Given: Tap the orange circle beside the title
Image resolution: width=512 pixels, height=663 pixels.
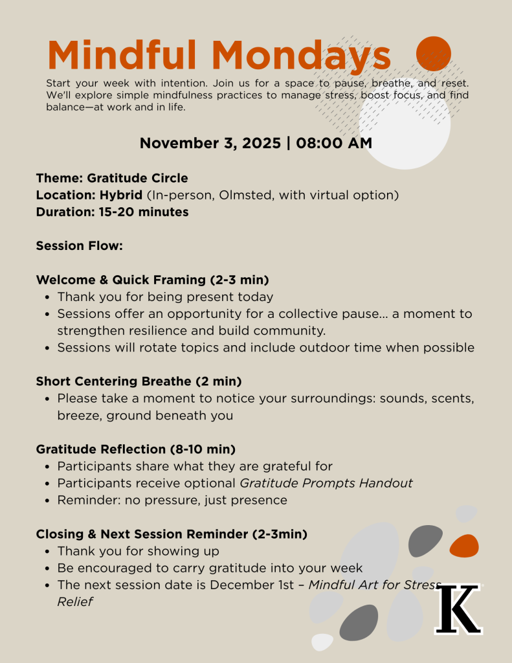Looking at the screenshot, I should coord(433,54).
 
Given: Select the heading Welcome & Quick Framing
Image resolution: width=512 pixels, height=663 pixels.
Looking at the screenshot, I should coord(121,280).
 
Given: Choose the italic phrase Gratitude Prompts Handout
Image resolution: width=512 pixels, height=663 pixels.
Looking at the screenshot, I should coord(326,483).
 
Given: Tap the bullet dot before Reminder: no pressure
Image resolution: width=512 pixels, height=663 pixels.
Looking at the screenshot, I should coord(49,500).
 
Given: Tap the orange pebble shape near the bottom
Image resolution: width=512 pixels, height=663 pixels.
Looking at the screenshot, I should coord(464,546).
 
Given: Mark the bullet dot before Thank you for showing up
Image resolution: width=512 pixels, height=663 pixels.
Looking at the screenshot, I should coord(49,552).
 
